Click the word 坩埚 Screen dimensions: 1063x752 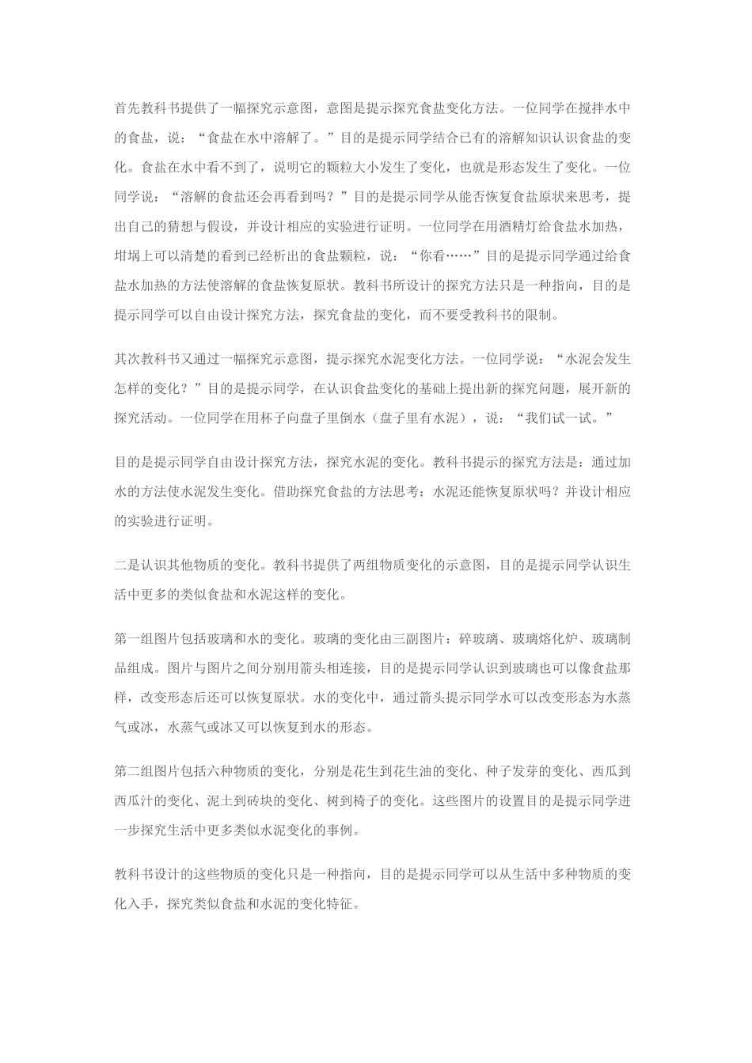(128, 255)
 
